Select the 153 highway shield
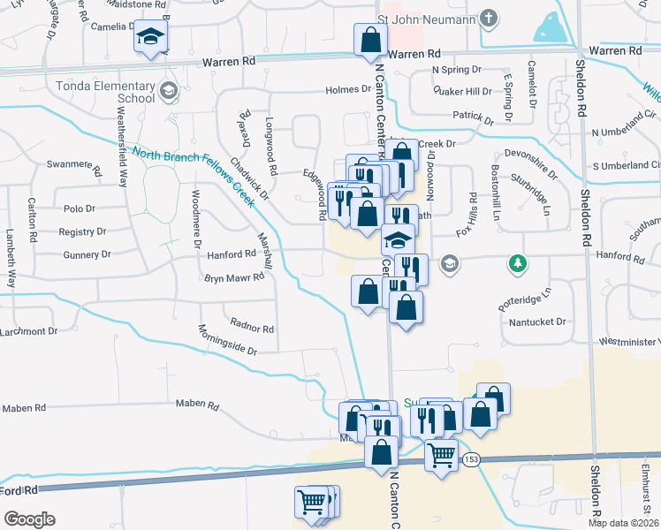(x=471, y=459)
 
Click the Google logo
(x=28, y=519)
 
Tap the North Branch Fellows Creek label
(x=193, y=175)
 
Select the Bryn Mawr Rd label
(x=234, y=277)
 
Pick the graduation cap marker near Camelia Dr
(x=150, y=38)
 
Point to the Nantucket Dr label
(x=536, y=322)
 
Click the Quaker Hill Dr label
(x=462, y=92)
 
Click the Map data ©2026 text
(x=623, y=523)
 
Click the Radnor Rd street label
(x=251, y=329)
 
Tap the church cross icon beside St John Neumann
(x=486, y=19)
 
